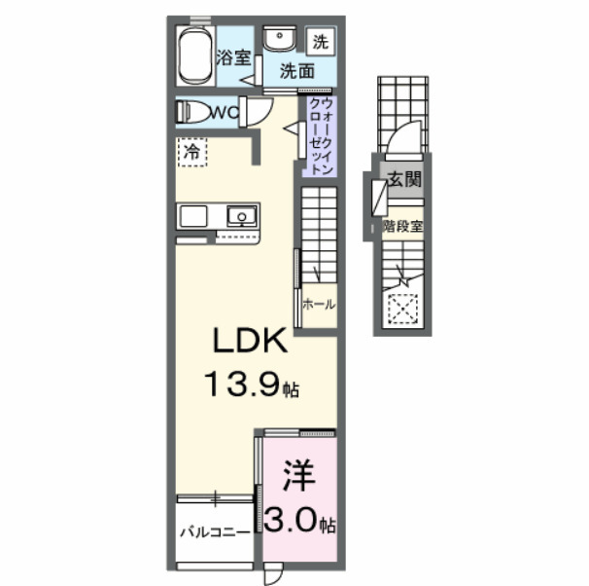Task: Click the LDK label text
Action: pyautogui.click(x=250, y=342)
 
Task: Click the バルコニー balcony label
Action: pyautogui.click(x=215, y=533)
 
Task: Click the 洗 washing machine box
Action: pyautogui.click(x=320, y=41)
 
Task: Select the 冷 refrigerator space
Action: pyautogui.click(x=191, y=153)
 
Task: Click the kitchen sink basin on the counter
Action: pyautogui.click(x=240, y=215)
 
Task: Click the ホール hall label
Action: pyautogui.click(x=318, y=305)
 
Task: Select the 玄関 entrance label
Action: pyautogui.click(x=403, y=179)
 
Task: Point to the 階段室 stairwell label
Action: pyautogui.click(x=401, y=227)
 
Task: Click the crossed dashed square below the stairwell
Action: pyautogui.click(x=400, y=310)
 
